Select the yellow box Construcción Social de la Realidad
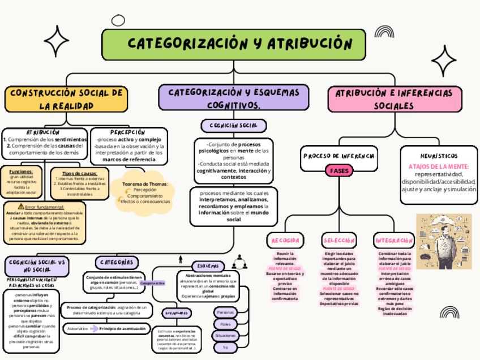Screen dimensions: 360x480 [x=66, y=99]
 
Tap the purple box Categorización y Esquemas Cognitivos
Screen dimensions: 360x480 [x=234, y=98]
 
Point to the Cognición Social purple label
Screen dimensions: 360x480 [x=233, y=125]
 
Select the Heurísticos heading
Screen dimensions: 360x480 [x=439, y=156]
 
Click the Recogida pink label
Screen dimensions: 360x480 [x=285, y=241]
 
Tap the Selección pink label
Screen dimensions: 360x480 [x=339, y=241]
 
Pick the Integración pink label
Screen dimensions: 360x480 [x=395, y=241]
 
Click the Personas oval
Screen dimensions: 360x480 [x=226, y=312]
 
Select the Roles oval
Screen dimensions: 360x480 [x=226, y=324]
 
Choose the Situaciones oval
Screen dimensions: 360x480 [x=226, y=336]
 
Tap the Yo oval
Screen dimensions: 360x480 [x=226, y=347]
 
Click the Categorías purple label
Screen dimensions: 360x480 [x=117, y=262]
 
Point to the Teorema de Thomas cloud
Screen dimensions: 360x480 [x=145, y=193]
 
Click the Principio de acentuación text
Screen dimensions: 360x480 [x=123, y=328]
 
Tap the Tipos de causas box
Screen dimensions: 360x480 [x=79, y=183]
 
